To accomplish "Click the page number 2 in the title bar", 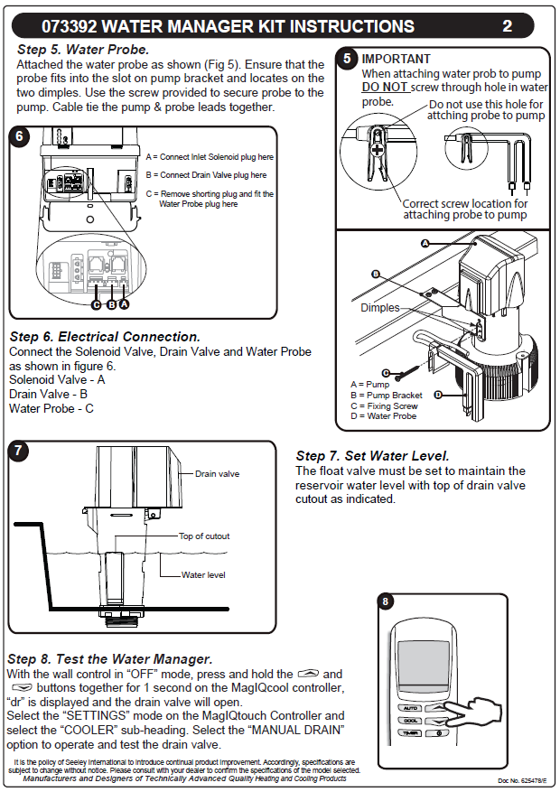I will [x=508, y=26].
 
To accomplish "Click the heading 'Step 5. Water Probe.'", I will [x=83, y=50].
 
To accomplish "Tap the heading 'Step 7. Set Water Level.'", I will [x=372, y=456].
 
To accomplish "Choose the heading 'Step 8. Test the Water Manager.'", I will [x=109, y=658].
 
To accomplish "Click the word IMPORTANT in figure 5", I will [x=397, y=59].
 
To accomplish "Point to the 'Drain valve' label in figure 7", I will [x=218, y=473].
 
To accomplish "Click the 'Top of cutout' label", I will [x=204, y=536].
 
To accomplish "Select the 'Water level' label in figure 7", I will [x=203, y=574].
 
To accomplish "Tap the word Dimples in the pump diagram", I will [x=379, y=308].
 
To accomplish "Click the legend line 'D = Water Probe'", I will [x=384, y=416].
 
